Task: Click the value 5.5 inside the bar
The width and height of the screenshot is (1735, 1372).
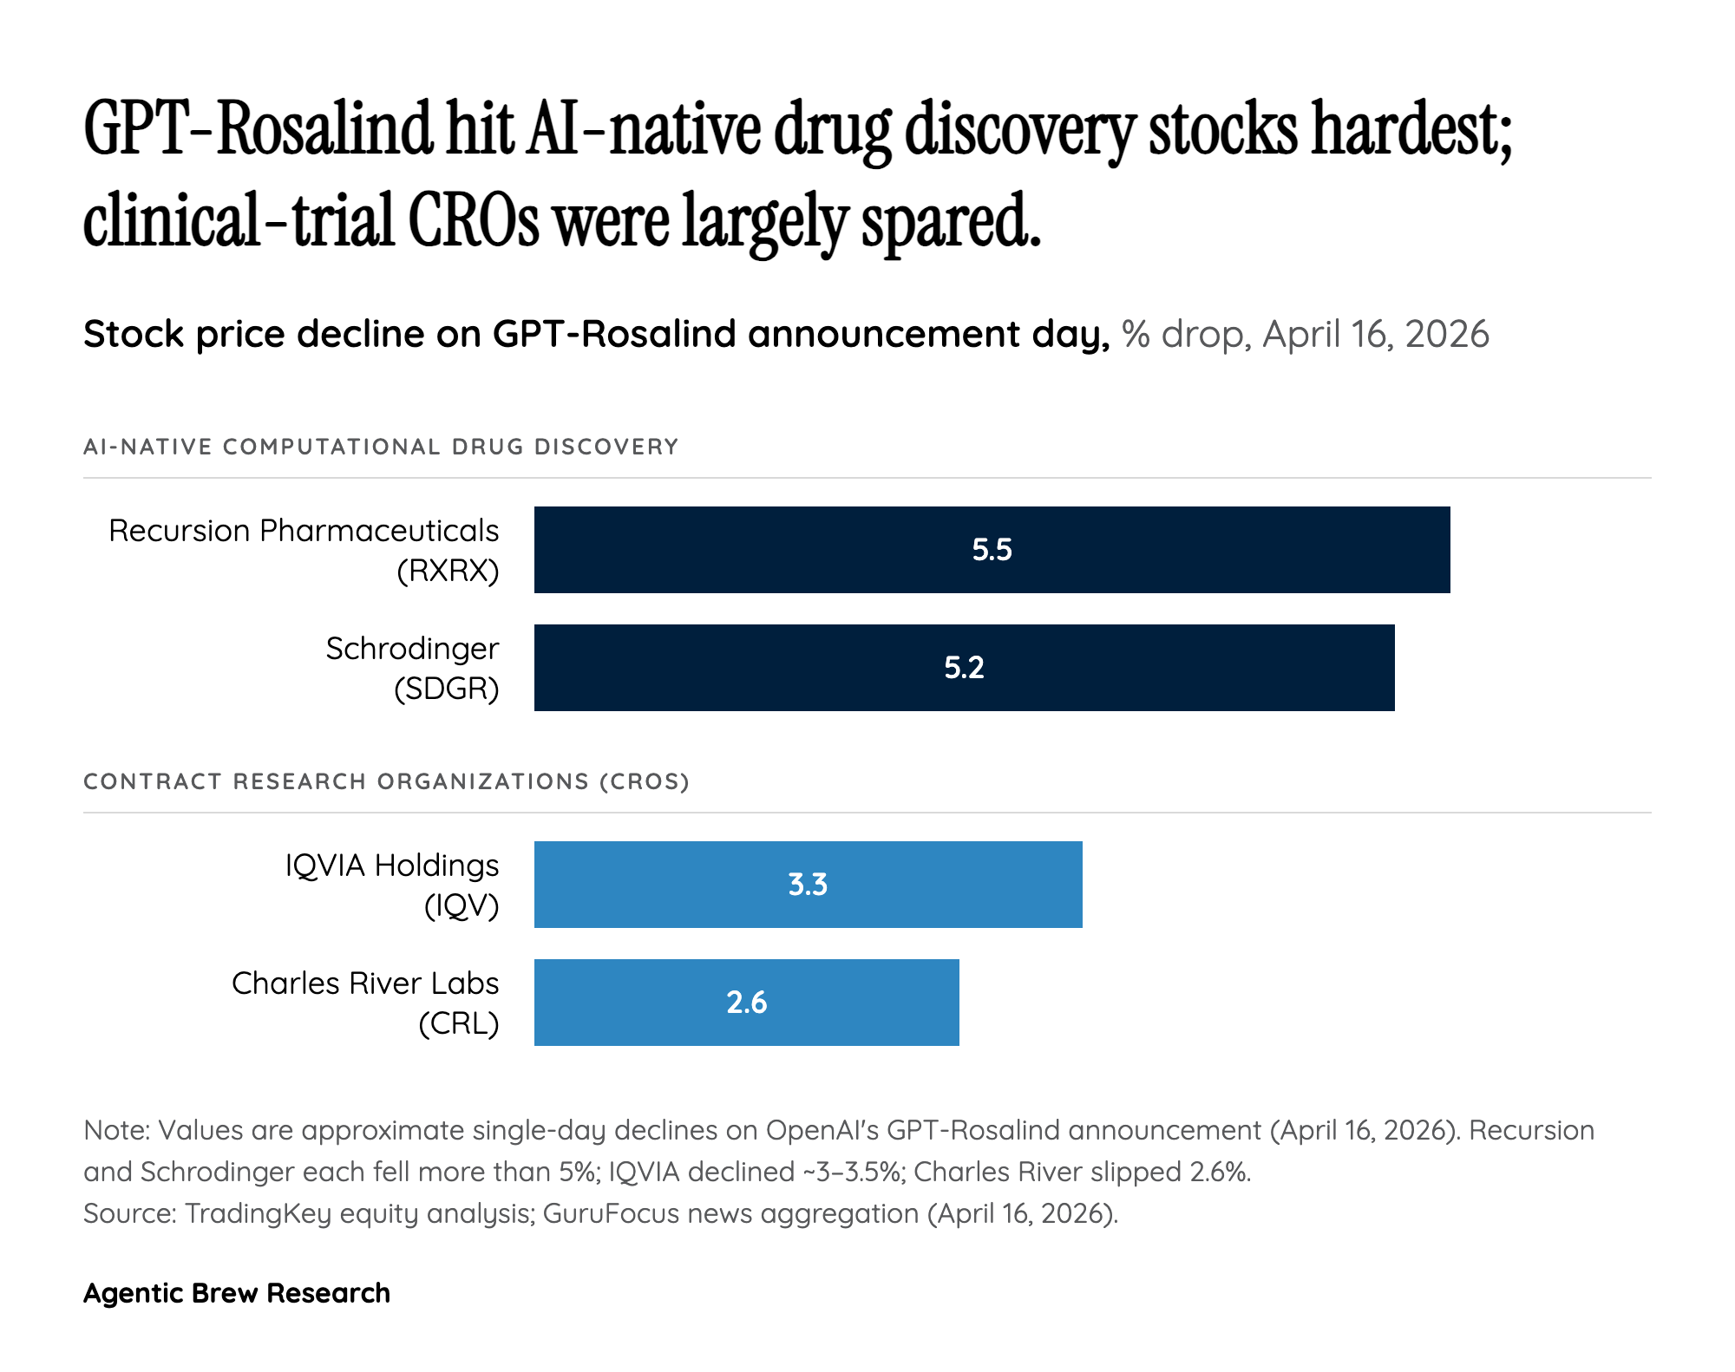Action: (992, 550)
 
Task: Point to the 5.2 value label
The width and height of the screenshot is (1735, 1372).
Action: (964, 668)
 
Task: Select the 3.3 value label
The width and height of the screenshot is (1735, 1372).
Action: (808, 885)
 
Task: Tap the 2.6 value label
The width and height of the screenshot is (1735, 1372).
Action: (746, 1003)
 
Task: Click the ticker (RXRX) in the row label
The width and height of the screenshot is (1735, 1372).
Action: (448, 572)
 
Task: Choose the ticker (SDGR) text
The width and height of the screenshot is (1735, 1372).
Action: (447, 689)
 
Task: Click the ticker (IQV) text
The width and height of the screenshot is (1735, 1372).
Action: (461, 906)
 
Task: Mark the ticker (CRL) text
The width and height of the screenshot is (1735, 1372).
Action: (458, 1024)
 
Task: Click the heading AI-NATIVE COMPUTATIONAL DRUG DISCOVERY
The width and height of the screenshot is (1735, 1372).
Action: (381, 447)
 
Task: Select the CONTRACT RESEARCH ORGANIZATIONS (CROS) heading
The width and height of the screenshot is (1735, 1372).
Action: (386, 781)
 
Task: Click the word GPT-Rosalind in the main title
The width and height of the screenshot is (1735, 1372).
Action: (257, 130)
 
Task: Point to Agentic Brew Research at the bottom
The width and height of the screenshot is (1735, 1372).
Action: (236, 1293)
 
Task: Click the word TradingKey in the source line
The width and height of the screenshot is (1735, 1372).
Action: (258, 1213)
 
